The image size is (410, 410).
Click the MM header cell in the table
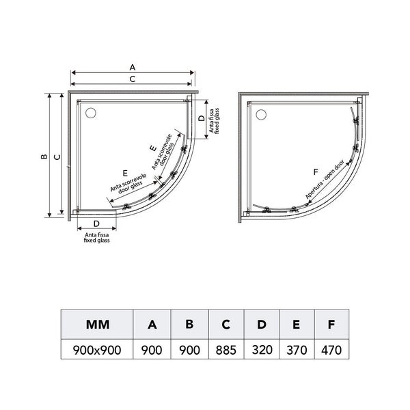(97, 325)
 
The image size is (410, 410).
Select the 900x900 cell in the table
(97, 350)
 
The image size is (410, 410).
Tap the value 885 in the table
(226, 350)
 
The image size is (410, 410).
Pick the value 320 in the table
(262, 350)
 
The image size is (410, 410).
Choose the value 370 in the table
(297, 350)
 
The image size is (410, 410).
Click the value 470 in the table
(331, 350)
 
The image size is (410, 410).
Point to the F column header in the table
(331, 325)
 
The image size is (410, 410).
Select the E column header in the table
(297, 325)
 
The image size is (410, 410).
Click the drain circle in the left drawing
(91, 113)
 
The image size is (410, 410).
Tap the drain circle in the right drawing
(261, 115)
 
